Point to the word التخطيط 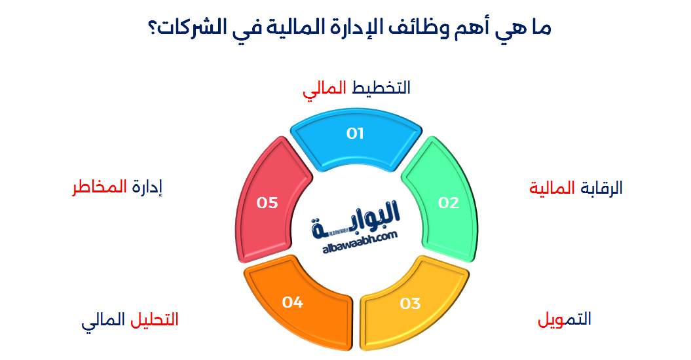coord(382,88)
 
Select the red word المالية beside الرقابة coord(552,189)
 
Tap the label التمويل coord(565,319)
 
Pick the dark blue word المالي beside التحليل coord(103,321)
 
